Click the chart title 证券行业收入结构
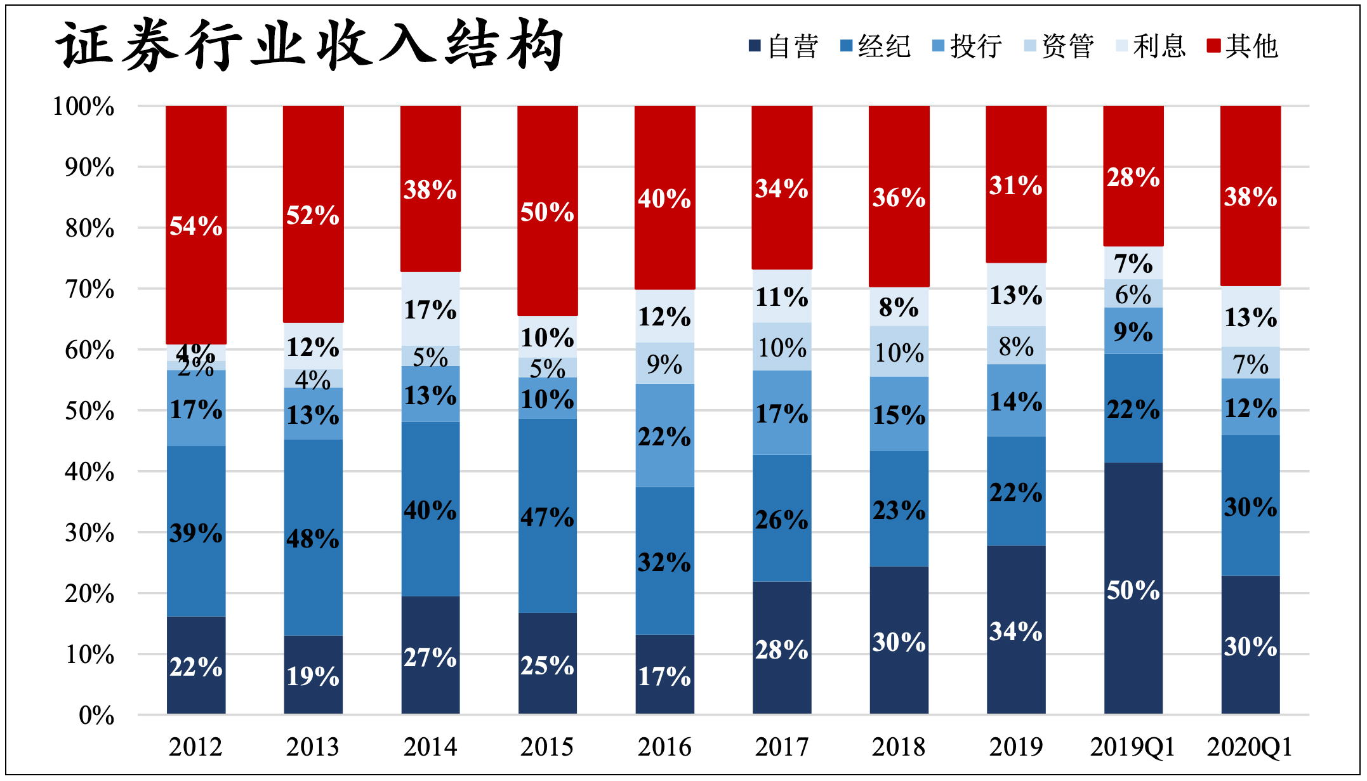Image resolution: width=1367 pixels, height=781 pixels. click(310, 44)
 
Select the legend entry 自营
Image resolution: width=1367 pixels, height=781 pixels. click(784, 46)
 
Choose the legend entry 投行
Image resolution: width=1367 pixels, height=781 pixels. click(968, 46)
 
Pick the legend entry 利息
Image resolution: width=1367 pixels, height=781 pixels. click(1151, 46)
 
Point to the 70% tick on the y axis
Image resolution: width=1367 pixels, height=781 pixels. click(89, 289)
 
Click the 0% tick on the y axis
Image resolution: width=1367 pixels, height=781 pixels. click(96, 716)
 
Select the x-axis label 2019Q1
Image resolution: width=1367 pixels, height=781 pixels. click(1133, 747)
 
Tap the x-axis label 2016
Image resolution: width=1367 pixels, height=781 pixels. click(664, 747)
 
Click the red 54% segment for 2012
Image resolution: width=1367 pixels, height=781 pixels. click(196, 225)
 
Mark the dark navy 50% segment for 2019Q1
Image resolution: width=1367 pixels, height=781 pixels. click(1133, 590)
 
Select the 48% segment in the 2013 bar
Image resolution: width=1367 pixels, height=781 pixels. click(313, 538)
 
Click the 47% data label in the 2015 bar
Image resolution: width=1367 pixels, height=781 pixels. click(547, 517)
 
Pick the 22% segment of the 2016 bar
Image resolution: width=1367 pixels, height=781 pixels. click(664, 436)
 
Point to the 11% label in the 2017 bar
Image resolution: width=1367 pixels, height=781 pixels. click(782, 297)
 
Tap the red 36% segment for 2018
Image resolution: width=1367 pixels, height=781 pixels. click(899, 197)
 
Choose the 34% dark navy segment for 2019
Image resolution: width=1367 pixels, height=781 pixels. click(1016, 630)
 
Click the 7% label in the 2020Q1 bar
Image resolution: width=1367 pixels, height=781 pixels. click(1250, 364)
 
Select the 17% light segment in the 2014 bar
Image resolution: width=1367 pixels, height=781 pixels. click(430, 310)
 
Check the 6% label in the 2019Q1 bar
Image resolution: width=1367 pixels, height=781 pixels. click(1133, 294)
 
